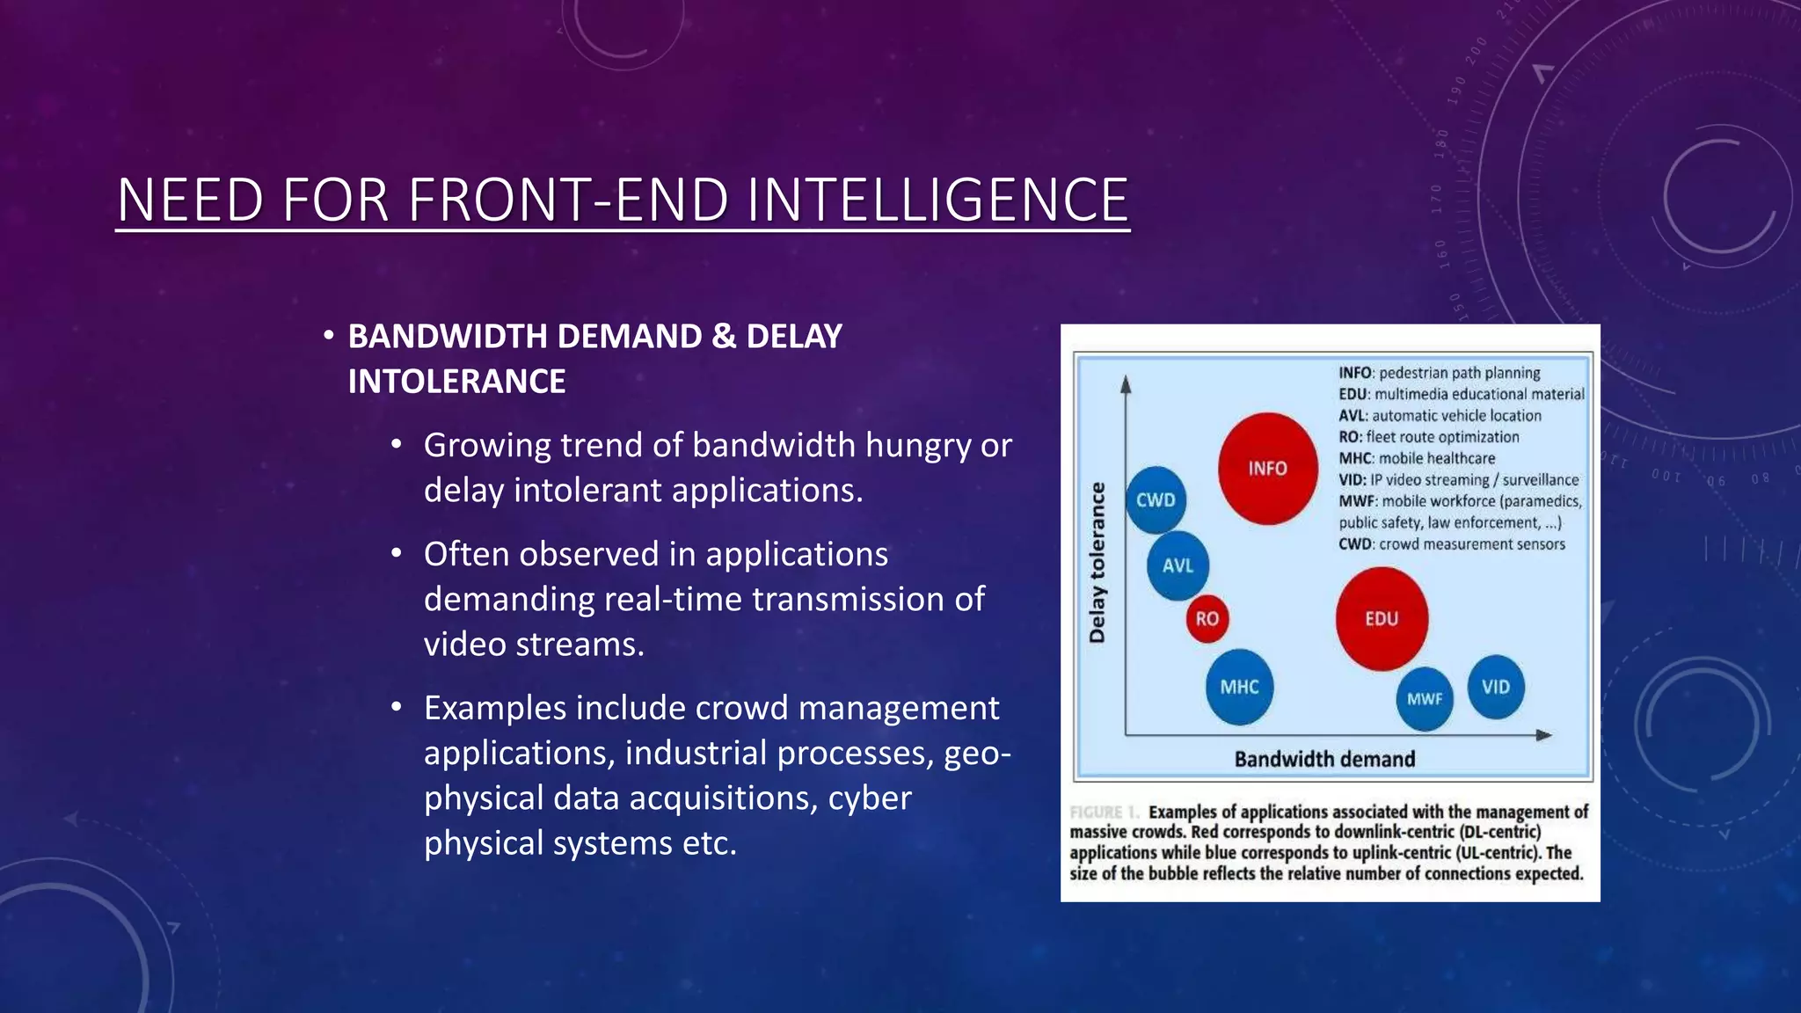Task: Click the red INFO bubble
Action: coord(1267,469)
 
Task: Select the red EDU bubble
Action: coord(1382,619)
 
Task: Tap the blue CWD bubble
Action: coord(1156,500)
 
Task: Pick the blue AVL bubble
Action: coord(1178,565)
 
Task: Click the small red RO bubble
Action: coord(1207,619)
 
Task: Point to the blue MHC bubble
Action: coord(1239,687)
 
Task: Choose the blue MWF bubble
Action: coord(1425,699)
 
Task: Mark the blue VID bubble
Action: coord(1495,687)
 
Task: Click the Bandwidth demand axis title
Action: coord(1324,759)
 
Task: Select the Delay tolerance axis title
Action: coord(1097,563)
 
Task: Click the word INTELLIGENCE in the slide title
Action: coord(937,200)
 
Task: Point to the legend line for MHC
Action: coord(1417,458)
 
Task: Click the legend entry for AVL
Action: coord(1440,416)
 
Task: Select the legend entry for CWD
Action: coord(1452,544)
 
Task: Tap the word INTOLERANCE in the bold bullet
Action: coord(456,382)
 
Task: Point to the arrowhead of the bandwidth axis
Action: coord(1544,734)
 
